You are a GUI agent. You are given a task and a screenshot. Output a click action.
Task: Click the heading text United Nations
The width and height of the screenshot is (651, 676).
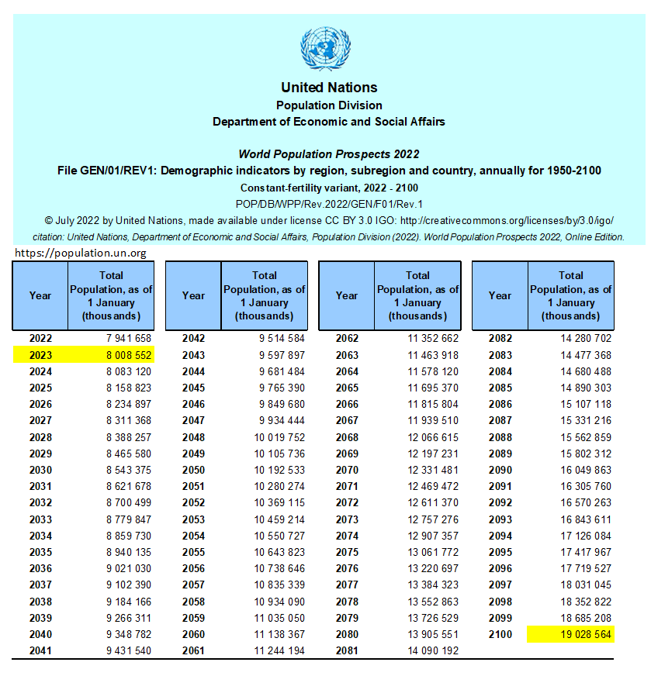tap(329, 88)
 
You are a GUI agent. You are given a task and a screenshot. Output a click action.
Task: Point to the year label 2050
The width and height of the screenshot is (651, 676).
tap(193, 470)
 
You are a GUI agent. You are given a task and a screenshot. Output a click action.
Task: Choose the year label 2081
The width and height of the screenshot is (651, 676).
tap(347, 650)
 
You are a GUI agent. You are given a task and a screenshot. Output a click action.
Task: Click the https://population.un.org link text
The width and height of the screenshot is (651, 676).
tap(81, 253)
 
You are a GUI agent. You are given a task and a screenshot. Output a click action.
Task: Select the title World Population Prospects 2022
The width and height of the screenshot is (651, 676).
tap(329, 154)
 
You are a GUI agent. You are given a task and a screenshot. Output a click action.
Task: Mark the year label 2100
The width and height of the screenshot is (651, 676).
tap(500, 634)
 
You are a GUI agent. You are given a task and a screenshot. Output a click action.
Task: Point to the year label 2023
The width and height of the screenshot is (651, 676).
tap(40, 355)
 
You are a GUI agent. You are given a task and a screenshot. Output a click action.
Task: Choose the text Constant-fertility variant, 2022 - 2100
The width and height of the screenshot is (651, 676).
tap(329, 188)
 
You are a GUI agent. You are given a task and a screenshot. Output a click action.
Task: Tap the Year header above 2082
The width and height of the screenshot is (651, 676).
tap(500, 295)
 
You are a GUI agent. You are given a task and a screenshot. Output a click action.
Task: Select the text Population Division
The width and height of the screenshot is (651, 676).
tap(329, 105)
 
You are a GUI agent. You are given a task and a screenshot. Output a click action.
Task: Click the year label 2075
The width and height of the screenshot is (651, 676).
tap(347, 552)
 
